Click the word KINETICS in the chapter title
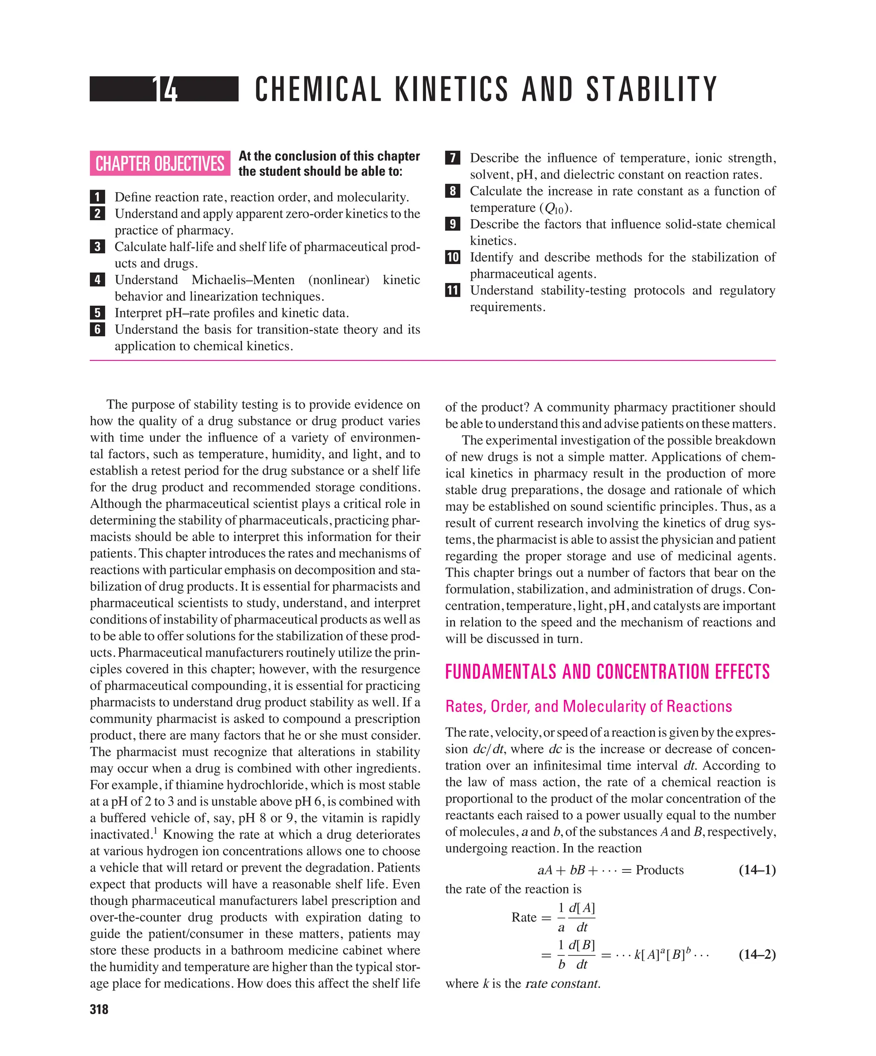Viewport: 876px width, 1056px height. (x=452, y=89)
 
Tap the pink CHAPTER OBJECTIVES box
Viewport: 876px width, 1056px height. (x=160, y=164)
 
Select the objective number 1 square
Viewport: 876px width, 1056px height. (x=97, y=196)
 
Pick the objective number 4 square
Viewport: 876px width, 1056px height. (x=97, y=280)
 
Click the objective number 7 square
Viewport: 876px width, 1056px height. (x=452, y=158)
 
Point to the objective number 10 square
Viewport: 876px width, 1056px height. (x=452, y=257)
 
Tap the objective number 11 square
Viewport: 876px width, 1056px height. (x=452, y=290)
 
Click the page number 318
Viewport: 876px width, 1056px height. (x=99, y=1009)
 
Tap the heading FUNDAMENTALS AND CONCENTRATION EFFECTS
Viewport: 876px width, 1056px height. (x=607, y=672)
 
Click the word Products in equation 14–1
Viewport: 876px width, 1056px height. (x=660, y=870)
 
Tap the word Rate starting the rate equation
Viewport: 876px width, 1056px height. (x=524, y=917)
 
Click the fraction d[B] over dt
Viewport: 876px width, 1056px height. (x=581, y=955)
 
